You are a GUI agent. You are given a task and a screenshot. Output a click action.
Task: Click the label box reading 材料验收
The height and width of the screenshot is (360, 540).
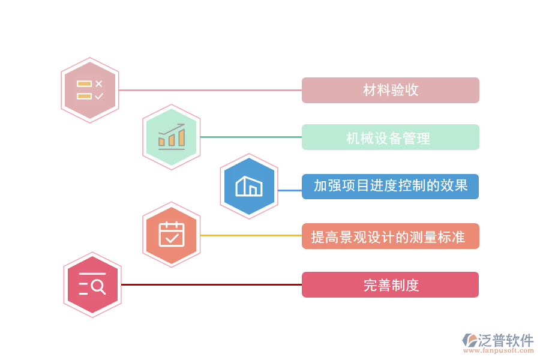[x=390, y=90]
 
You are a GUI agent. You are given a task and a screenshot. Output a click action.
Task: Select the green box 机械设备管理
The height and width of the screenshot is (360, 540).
[x=390, y=137]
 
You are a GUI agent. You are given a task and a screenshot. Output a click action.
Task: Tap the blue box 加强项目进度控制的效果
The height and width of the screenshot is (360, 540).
[x=390, y=186]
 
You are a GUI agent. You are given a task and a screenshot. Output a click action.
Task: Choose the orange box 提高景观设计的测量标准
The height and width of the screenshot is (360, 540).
[x=390, y=236]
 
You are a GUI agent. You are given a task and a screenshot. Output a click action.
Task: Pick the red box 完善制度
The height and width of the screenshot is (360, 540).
[x=390, y=284]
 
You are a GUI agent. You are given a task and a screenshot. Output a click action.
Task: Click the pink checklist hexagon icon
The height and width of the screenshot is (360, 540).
[x=90, y=90]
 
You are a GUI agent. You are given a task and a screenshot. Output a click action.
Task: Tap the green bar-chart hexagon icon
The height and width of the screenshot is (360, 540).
[x=171, y=137]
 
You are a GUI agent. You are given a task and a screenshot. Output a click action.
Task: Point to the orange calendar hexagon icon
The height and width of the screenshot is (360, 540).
[x=172, y=235]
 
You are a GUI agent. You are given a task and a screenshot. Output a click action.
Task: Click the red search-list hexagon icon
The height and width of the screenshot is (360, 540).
[x=92, y=284]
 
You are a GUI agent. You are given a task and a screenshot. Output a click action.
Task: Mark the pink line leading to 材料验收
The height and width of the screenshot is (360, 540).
[x=210, y=90]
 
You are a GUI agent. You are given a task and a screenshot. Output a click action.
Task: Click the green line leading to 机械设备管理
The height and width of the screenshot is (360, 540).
[x=251, y=137]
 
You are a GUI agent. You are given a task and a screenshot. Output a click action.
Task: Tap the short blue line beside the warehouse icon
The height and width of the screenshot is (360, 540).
[x=290, y=190]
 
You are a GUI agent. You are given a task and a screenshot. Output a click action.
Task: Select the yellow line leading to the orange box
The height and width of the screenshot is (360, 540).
[x=251, y=235]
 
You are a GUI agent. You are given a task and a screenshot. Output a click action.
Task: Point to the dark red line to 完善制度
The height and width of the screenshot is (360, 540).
[x=210, y=284]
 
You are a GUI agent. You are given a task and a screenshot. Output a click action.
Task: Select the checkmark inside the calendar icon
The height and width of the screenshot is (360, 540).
[x=172, y=238]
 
